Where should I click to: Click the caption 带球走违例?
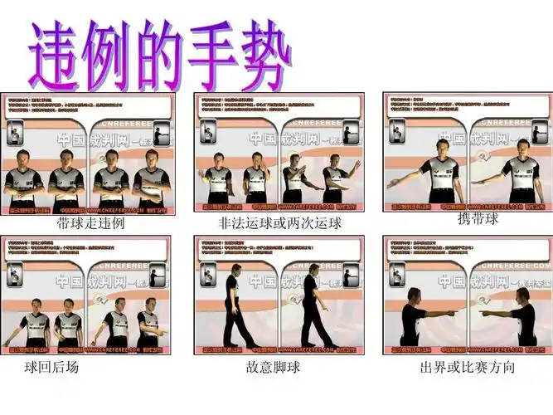[x=90, y=223]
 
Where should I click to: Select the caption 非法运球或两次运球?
[x=279, y=223]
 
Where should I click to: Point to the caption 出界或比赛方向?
[x=467, y=366]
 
